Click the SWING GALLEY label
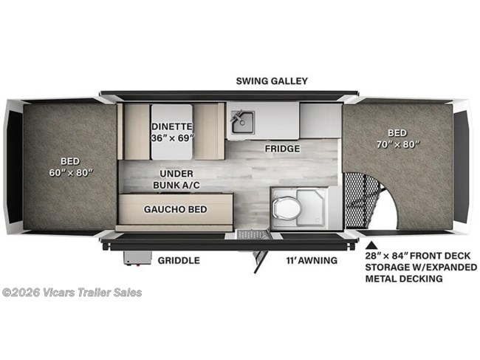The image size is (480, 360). click(271, 81)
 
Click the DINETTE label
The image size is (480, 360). click(172, 126)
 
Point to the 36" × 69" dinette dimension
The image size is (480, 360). click(172, 138)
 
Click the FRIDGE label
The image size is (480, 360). click(283, 149)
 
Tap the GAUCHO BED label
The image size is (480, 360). click(176, 209)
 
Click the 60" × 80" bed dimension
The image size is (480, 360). click(70, 171)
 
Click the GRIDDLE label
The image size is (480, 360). click(178, 260)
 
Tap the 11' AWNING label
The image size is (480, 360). click(312, 260)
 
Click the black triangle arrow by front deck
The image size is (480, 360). click(372, 244)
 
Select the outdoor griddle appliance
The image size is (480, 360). click(136, 257)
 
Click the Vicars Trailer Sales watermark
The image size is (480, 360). click(72, 292)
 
